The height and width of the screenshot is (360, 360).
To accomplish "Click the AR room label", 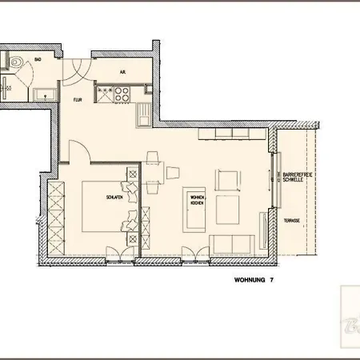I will point(122,70).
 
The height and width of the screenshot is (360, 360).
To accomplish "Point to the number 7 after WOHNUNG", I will point(271,280).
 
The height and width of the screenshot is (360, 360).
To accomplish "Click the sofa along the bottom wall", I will point(233,244).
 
